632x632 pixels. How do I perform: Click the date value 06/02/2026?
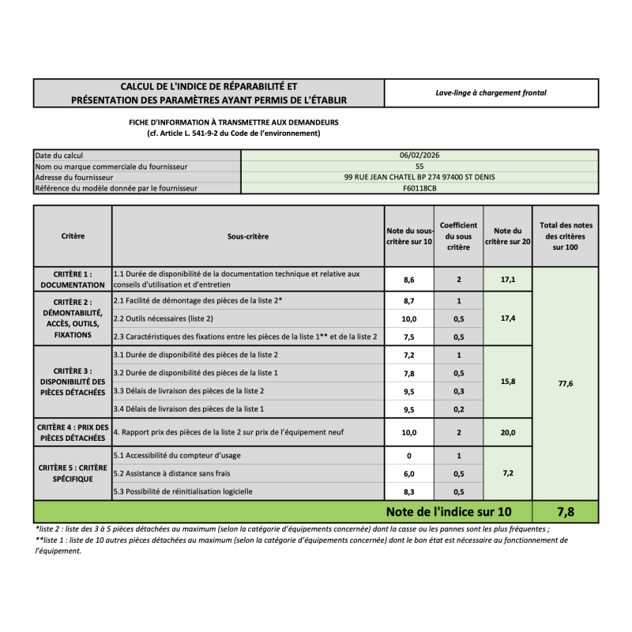pos(419,156)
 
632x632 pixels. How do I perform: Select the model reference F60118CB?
pos(419,189)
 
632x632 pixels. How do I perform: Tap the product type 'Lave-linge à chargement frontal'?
pos(491,92)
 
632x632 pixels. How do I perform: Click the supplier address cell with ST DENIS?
pos(419,178)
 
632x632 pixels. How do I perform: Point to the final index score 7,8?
pos(565,512)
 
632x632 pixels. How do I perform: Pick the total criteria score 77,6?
pos(565,383)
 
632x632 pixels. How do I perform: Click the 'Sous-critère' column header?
pos(247,236)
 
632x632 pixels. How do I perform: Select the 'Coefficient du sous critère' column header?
pos(458,236)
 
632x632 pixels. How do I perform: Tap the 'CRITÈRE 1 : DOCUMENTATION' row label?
pos(73,279)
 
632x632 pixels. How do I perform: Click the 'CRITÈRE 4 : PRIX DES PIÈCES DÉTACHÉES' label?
pos(73,432)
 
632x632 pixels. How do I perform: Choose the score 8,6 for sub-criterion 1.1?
pos(408,280)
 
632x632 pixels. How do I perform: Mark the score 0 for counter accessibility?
pos(408,456)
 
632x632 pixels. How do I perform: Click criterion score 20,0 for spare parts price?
pos(508,432)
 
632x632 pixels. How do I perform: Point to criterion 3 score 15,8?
pos(508,382)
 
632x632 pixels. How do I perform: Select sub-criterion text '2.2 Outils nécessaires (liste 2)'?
pos(164,318)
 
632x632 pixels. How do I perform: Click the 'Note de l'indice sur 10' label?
pos(448,512)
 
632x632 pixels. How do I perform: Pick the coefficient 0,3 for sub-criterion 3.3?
pos(458,391)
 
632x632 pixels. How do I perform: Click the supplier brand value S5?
pos(419,167)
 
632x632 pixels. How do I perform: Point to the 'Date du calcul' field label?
pos(59,156)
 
